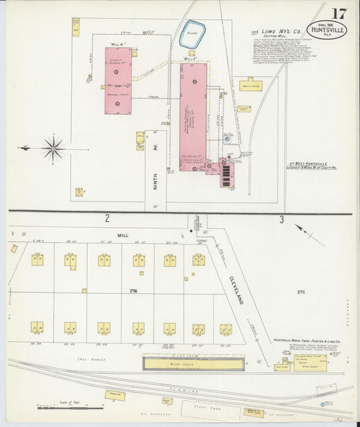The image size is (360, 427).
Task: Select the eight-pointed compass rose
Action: point(53,147)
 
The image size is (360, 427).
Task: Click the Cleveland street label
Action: point(236,289)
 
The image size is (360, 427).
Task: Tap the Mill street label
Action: point(122,235)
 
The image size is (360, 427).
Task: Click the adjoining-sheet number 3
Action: point(282,219)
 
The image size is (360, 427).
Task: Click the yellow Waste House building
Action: point(250,85)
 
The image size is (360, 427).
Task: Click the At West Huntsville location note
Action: point(312,164)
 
